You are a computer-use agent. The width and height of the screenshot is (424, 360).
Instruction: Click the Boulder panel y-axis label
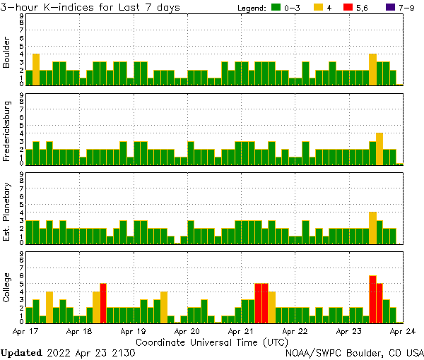point(6,54)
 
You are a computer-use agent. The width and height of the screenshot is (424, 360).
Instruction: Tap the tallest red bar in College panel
point(372,299)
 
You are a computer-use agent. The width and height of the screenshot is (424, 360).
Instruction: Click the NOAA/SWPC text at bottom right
point(314,352)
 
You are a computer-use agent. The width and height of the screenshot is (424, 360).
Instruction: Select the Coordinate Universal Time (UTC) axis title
point(212,342)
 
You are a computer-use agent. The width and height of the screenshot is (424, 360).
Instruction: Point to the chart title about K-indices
point(90,7)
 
